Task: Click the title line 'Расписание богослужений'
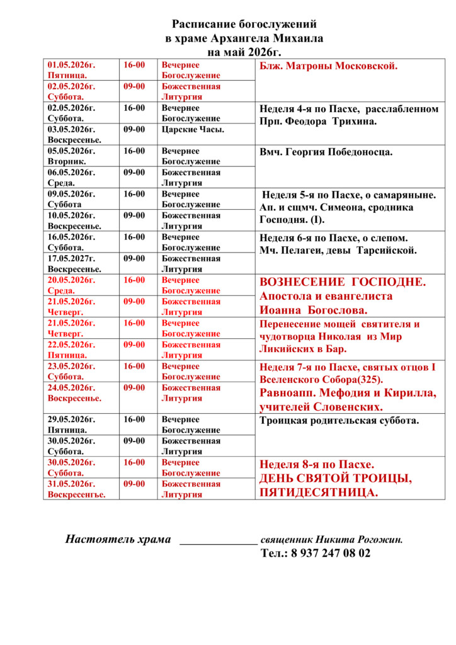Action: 244,25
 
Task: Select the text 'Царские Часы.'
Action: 193,129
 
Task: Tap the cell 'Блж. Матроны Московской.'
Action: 328,66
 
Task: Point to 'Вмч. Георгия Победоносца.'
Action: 326,152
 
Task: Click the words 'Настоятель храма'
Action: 118,539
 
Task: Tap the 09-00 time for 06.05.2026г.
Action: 134,173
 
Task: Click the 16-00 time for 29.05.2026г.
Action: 134,420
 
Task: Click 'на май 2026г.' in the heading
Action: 244,51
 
